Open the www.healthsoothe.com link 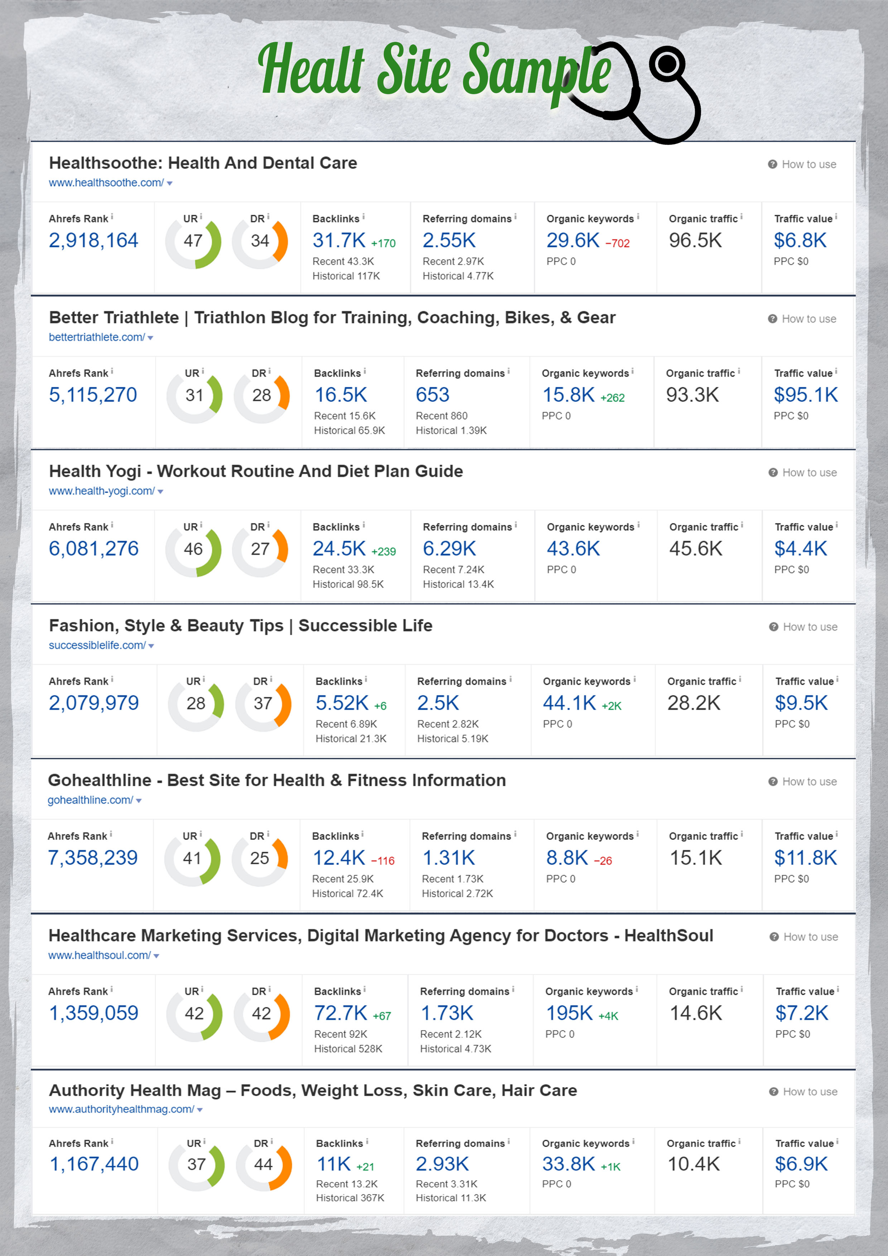pos(106,183)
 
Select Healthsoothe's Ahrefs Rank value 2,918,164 pos(93,240)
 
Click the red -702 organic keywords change pos(617,243)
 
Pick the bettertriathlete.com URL pos(97,338)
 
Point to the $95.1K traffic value pos(805,395)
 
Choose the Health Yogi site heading pos(256,471)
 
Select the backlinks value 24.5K pos(339,549)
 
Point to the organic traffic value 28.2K pos(694,703)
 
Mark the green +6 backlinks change pos(380,706)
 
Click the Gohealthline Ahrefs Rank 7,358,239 pos(92,858)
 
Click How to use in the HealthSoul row pos(810,937)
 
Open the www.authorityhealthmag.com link pos(121,1110)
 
